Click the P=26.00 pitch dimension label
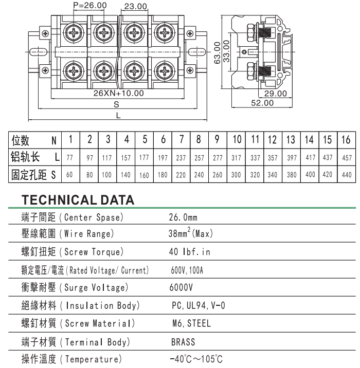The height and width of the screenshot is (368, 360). tap(90, 5)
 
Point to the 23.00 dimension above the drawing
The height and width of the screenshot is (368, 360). tap(135, 6)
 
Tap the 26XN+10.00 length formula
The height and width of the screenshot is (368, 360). tap(119, 93)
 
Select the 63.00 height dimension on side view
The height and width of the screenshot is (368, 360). tap(217, 53)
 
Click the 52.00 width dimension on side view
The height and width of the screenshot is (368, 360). tap(262, 103)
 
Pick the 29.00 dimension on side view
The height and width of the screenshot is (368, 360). tap(276, 94)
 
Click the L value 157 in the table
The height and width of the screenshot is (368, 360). tap(126, 157)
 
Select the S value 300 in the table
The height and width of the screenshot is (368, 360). tap(236, 175)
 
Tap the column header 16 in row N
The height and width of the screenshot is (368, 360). tap(346, 140)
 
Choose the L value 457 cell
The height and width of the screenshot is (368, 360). tap(347, 157)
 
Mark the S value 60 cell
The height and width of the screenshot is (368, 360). tap(69, 175)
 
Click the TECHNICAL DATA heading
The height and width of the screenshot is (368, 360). tap(78, 200)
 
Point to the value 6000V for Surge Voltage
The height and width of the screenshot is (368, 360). tap(181, 287)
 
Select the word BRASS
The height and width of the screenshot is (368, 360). tap(183, 342)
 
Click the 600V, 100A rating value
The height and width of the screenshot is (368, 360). tap(187, 270)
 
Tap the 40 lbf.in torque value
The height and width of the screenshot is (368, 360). tap(189, 252)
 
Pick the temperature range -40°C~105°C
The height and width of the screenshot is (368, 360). tap(196, 359)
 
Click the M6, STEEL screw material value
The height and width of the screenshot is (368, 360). tap(191, 323)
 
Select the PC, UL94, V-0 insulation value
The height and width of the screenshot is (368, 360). tap(199, 305)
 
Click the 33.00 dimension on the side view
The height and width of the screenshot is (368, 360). tap(226, 51)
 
